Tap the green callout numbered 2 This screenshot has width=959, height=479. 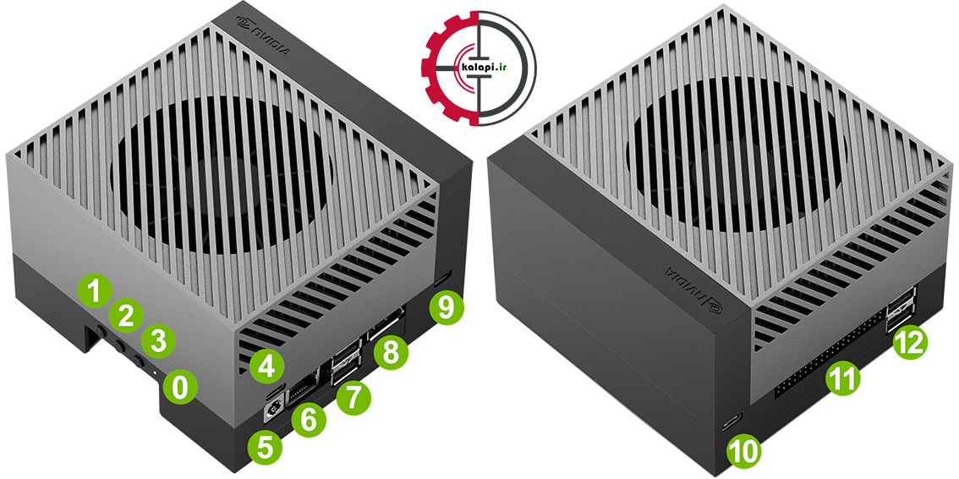126,316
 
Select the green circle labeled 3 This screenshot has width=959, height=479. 158,341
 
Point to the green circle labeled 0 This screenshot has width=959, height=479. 179,388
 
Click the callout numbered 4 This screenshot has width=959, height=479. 266,367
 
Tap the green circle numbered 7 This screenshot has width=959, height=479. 353,396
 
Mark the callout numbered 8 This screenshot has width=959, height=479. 392,351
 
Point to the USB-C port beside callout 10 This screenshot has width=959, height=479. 732,422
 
